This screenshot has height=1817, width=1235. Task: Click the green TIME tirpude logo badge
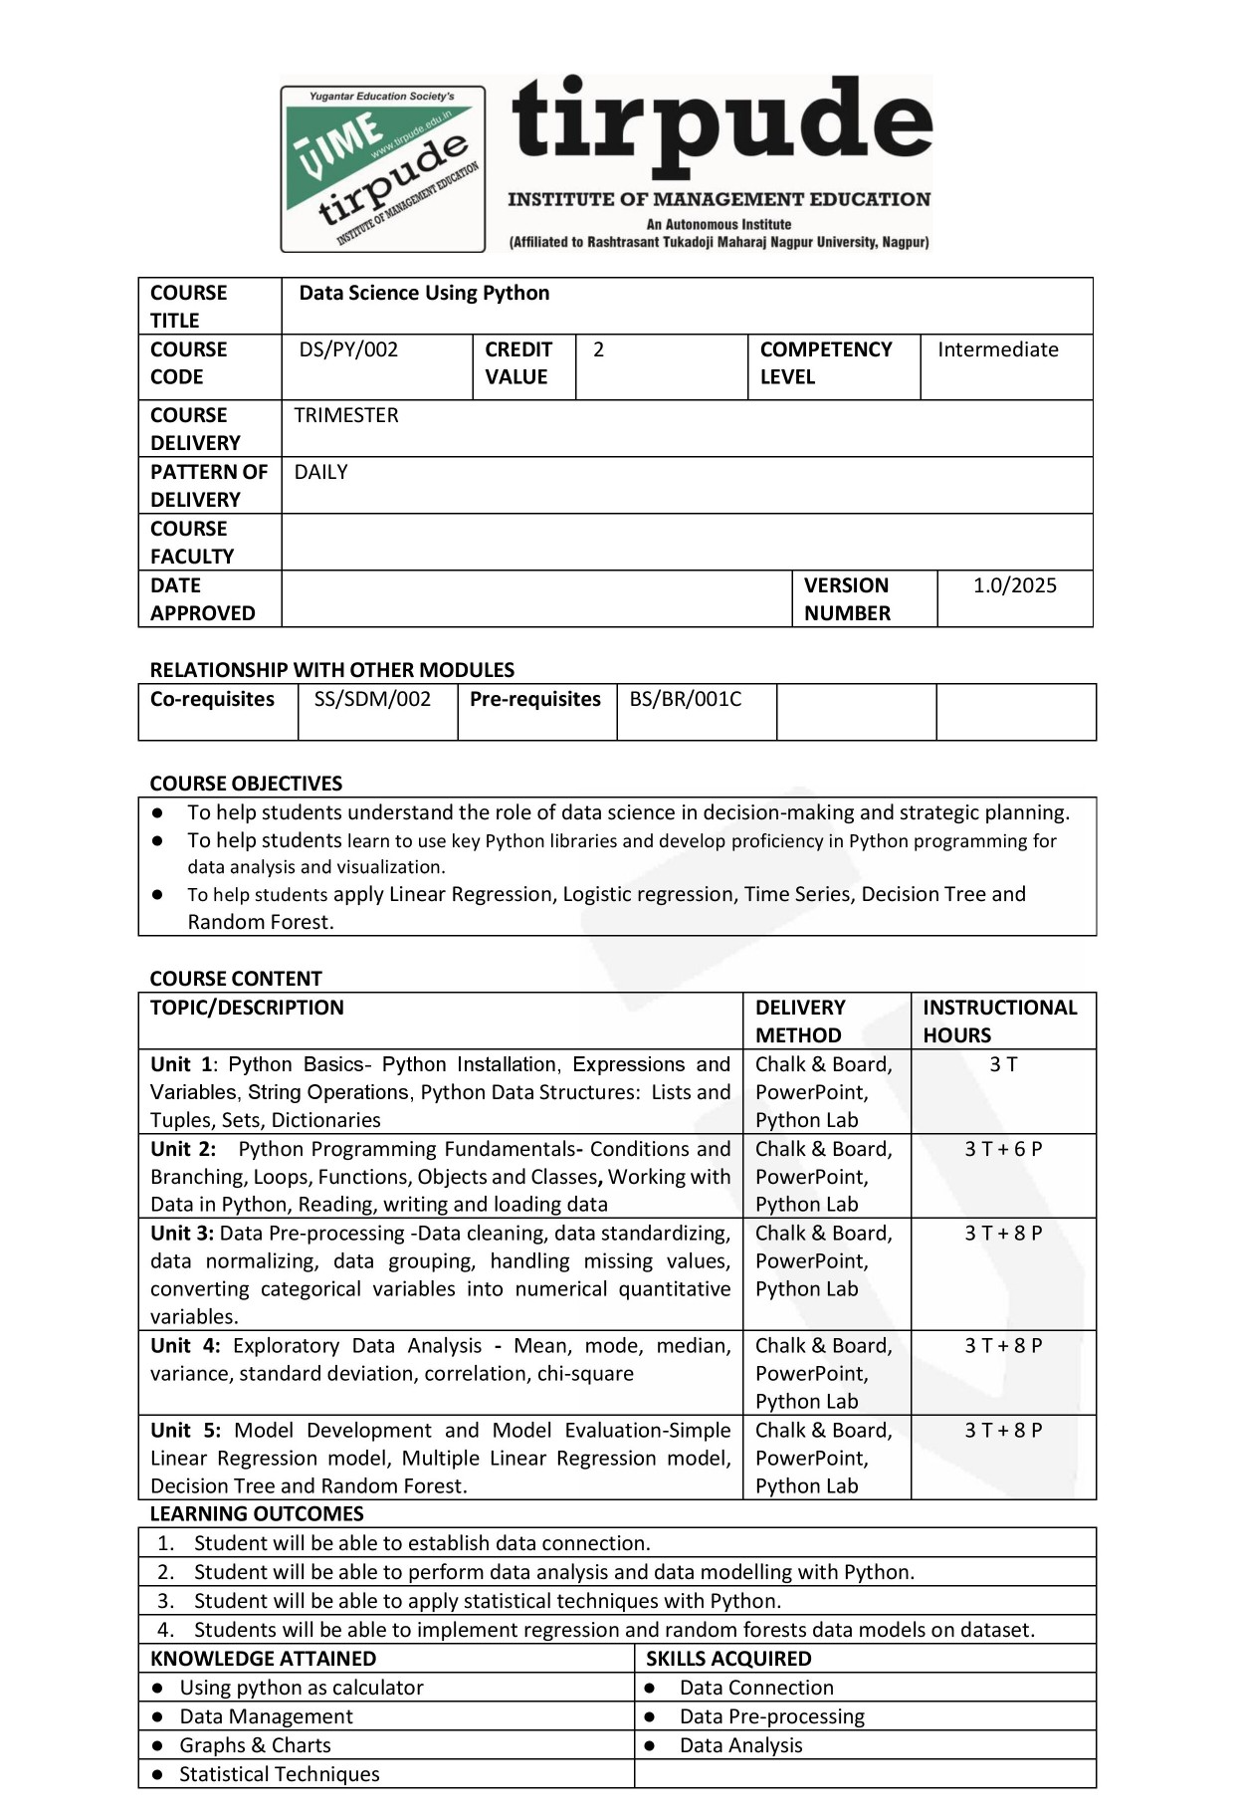click(x=383, y=168)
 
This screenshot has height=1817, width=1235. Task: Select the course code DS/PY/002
click(x=348, y=349)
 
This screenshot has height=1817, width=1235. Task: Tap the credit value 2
click(x=598, y=349)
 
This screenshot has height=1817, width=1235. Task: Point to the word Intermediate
click(x=997, y=349)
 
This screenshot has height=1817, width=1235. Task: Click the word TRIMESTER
click(x=346, y=415)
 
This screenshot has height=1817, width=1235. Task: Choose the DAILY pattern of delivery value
click(x=320, y=472)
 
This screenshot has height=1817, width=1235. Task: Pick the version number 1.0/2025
click(x=1014, y=585)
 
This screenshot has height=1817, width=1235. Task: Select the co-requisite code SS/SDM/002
click(x=372, y=699)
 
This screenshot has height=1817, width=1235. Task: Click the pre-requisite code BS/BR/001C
click(x=685, y=699)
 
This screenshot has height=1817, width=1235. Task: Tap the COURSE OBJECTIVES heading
click(x=246, y=784)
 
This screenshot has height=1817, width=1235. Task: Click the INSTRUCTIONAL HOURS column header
click(x=999, y=1021)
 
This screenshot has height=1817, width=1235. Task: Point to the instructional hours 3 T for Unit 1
click(x=1003, y=1064)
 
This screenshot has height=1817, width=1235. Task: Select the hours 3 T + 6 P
click(x=1003, y=1149)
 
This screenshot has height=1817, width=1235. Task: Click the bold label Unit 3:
click(x=182, y=1234)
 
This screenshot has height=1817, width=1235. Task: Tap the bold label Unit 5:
click(x=185, y=1431)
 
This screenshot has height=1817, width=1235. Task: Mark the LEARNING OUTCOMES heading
click(x=257, y=1514)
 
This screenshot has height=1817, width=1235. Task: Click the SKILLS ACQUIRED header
click(x=728, y=1659)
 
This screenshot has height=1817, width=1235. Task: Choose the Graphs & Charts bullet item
click(x=255, y=1745)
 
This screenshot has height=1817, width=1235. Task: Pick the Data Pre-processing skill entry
click(x=771, y=1716)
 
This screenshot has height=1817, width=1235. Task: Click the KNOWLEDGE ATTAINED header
click(x=263, y=1659)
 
